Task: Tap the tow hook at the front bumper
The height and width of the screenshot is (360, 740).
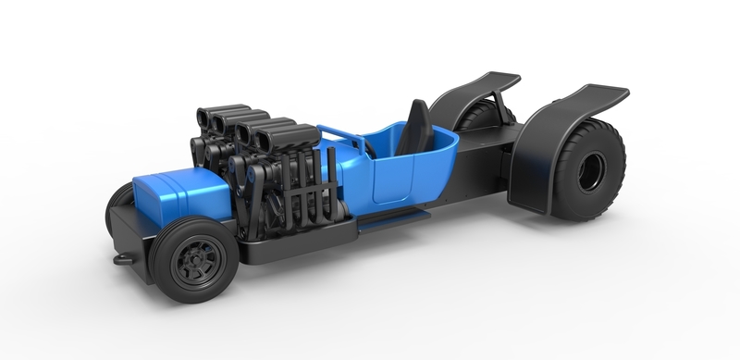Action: coord(121,259)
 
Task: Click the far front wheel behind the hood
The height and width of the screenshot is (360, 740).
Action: coord(119,204)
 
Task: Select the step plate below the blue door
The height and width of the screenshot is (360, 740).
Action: coord(393,218)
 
